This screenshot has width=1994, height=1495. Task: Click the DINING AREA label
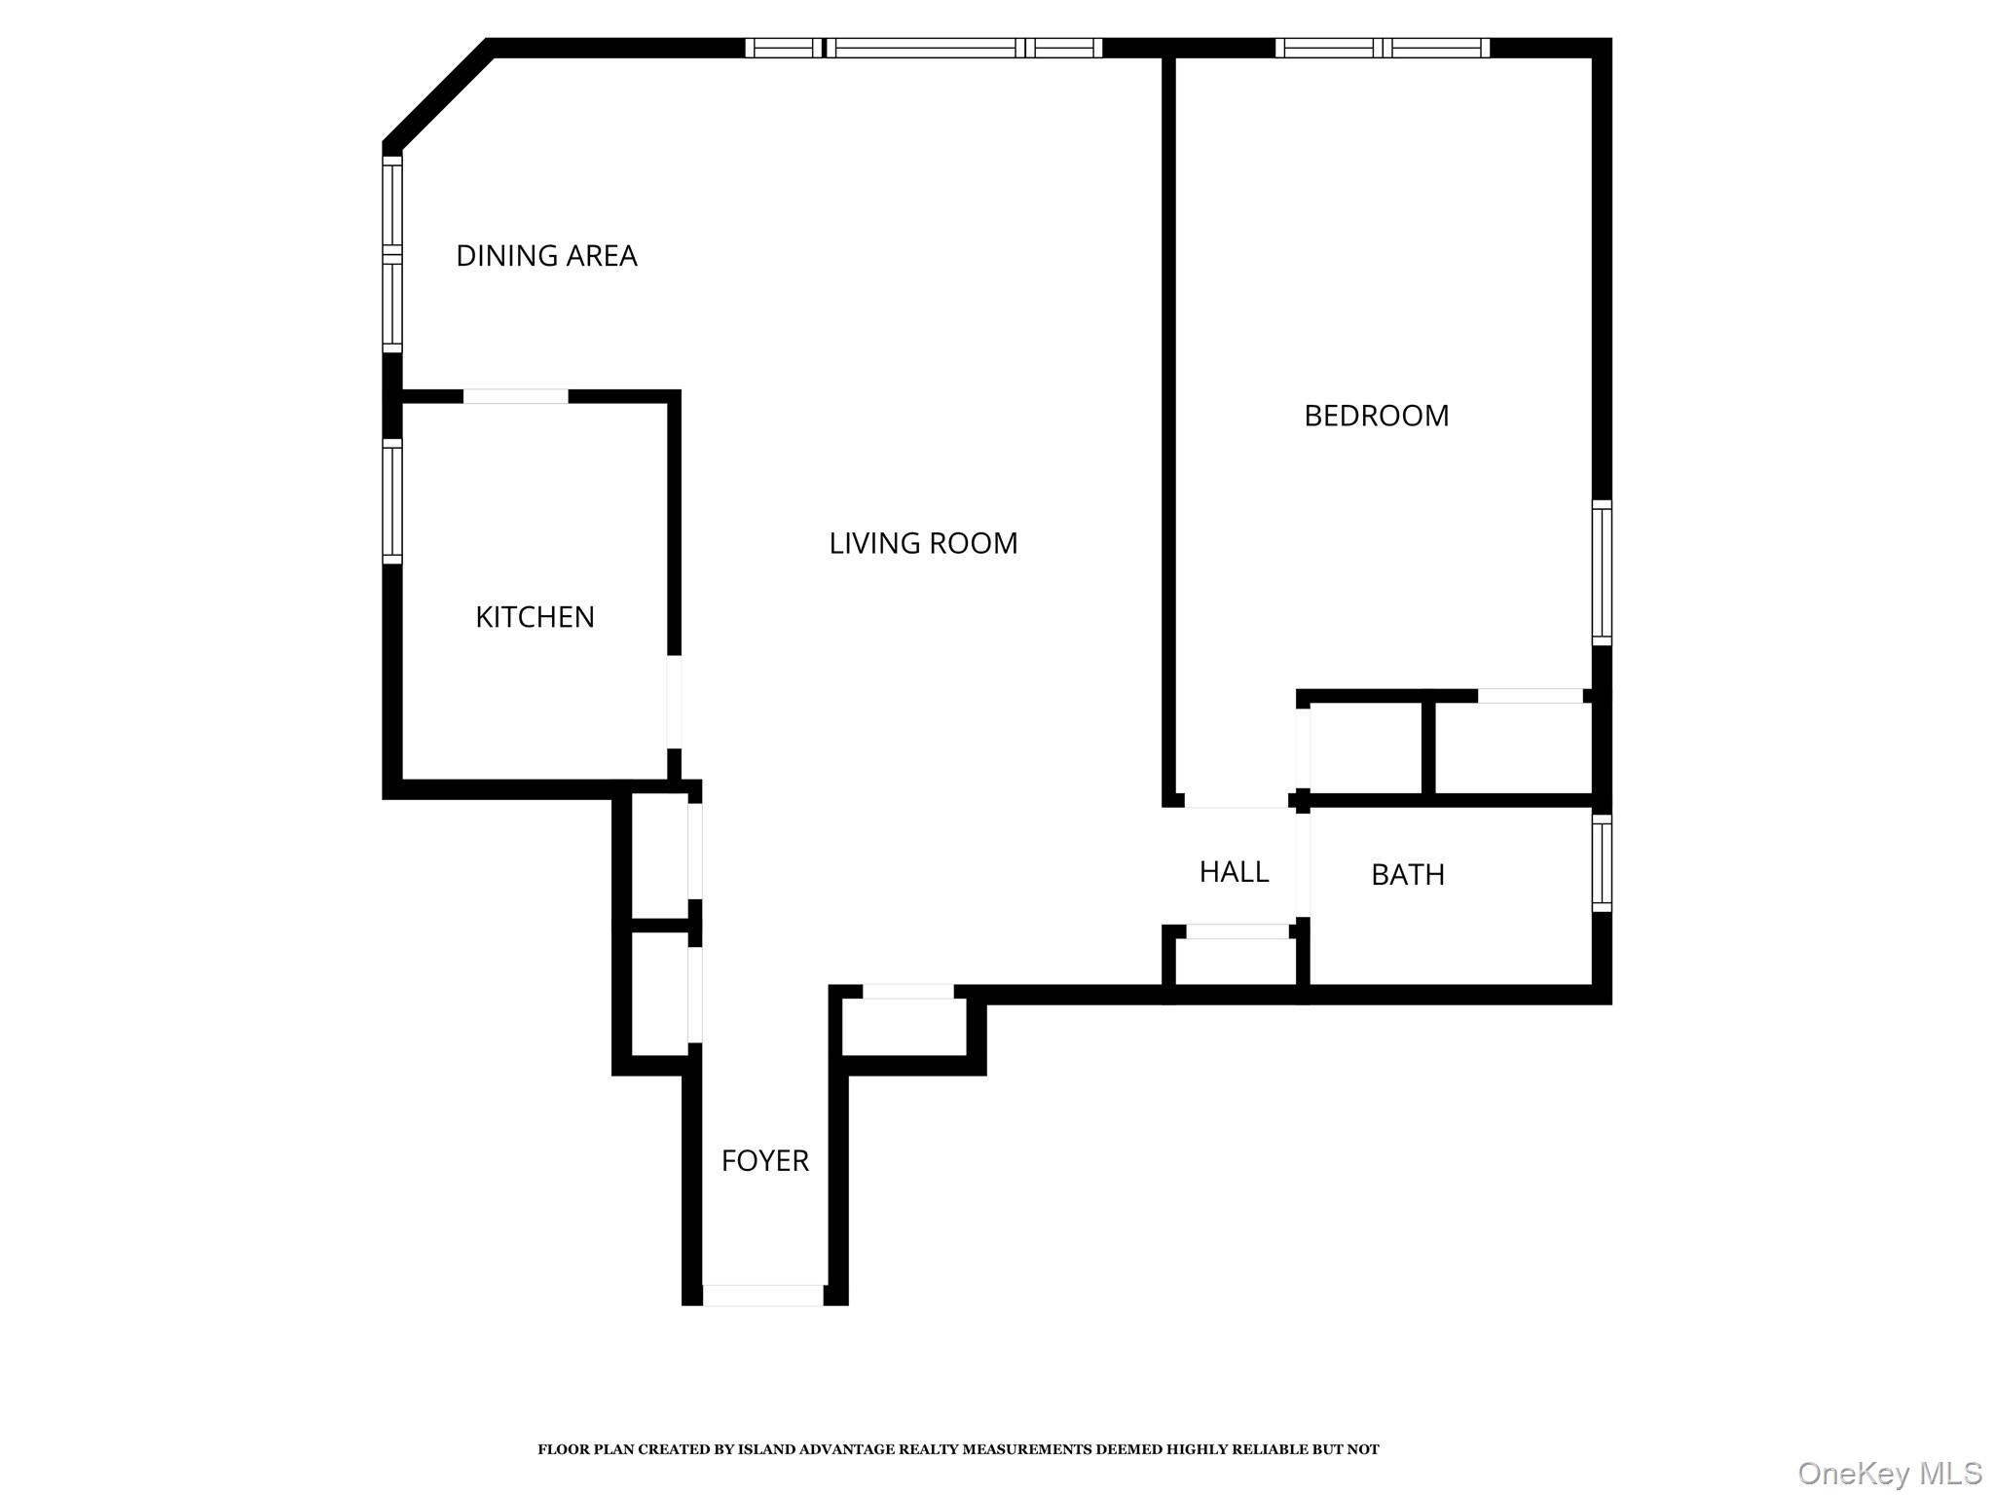546,256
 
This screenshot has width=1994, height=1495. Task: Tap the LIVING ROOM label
923,543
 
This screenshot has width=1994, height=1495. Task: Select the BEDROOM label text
1376,417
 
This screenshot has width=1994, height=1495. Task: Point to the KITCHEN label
535,617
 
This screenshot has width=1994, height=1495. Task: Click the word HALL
1234,872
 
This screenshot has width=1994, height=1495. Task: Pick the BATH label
1407,875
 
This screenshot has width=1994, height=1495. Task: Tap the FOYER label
764,1161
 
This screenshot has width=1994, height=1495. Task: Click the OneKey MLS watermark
1889,1473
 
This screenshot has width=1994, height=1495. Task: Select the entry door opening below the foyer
763,1295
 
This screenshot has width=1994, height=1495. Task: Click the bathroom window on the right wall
1602,862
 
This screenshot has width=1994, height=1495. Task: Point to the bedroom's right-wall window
1602,572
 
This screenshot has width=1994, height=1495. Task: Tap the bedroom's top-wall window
1383,48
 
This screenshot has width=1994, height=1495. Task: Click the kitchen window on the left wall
392,501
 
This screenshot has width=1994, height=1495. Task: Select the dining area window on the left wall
392,254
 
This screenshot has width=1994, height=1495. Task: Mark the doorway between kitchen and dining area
515,396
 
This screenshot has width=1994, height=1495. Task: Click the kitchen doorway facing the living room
674,702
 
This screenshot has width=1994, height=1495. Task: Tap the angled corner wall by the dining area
437,94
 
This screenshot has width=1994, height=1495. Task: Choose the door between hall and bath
1303,866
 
